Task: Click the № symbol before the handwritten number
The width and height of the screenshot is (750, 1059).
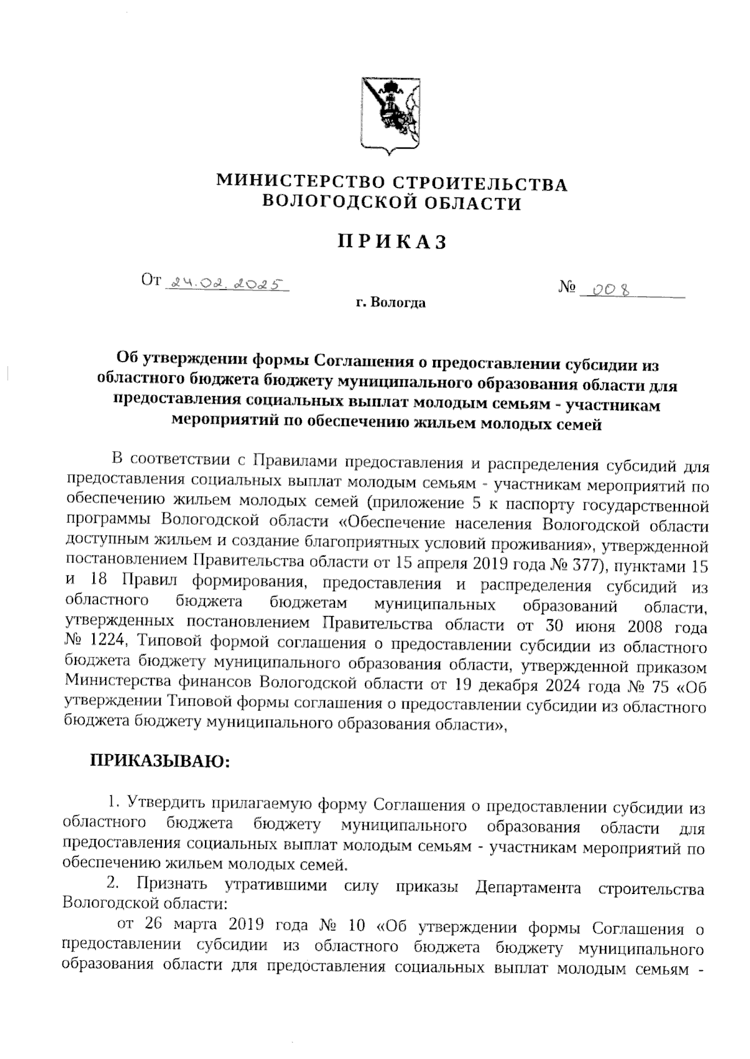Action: (567, 289)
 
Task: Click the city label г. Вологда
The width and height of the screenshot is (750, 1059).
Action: (391, 304)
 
